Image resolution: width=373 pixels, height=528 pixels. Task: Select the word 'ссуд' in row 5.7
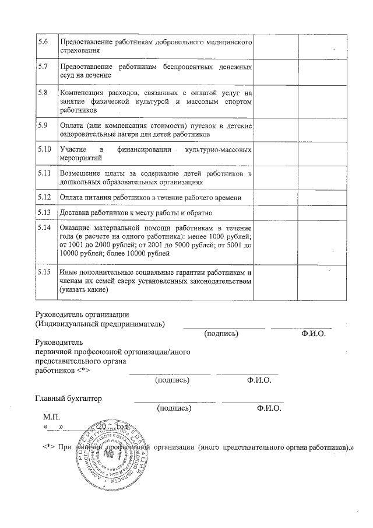click(68, 75)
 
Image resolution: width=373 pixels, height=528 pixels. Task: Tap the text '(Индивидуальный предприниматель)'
click(100, 323)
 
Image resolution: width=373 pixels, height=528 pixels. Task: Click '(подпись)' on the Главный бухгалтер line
click(174, 408)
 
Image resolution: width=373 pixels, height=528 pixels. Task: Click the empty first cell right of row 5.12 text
click(276, 198)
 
